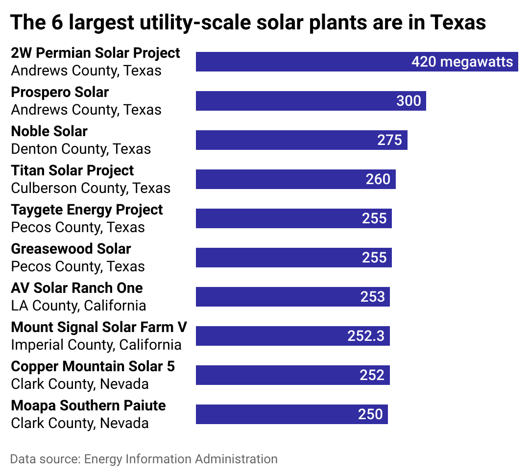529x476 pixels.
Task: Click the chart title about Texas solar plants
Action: click(x=248, y=23)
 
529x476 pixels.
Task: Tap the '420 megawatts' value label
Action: click(x=462, y=62)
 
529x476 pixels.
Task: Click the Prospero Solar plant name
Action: click(x=60, y=92)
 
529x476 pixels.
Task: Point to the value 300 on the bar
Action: click(x=409, y=101)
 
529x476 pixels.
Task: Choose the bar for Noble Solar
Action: click(x=284, y=140)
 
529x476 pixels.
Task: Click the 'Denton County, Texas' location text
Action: click(x=81, y=149)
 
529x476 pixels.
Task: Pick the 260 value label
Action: click(x=378, y=179)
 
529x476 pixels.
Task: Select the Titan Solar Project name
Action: click(x=72, y=170)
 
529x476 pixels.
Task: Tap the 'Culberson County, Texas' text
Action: click(x=91, y=188)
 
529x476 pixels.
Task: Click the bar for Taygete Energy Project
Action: click(x=274, y=218)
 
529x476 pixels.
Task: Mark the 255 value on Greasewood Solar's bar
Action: click(x=374, y=258)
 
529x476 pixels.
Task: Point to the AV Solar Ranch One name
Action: click(x=77, y=288)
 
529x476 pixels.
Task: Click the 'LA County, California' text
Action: click(x=78, y=306)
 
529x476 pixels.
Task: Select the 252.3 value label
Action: click(x=366, y=336)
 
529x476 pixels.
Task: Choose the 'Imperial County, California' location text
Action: click(x=96, y=345)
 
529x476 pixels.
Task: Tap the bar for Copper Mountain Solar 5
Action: click(x=274, y=375)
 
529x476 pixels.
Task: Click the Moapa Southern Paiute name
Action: click(x=88, y=405)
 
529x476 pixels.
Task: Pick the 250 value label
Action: click(x=370, y=414)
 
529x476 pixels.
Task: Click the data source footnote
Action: click(x=144, y=459)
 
